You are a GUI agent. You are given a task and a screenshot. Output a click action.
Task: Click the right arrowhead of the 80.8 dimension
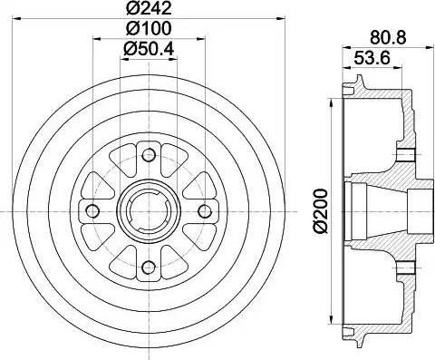click(x=419, y=48)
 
